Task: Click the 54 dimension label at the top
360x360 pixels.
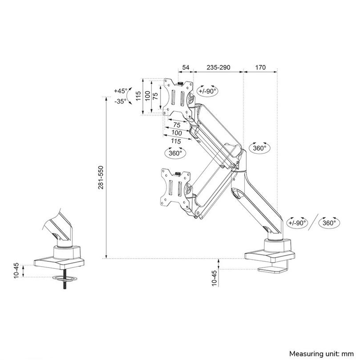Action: (x=186, y=68)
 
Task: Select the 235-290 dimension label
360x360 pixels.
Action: (x=218, y=68)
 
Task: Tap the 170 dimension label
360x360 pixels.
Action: (x=260, y=68)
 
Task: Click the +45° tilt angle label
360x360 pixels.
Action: (x=120, y=91)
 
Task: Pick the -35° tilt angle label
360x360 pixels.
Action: (x=120, y=101)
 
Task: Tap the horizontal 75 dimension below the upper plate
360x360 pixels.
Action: (x=177, y=125)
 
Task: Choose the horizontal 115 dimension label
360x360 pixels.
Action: (x=175, y=141)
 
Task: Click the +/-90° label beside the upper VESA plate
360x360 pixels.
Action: (x=207, y=91)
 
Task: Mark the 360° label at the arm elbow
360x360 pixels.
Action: (x=259, y=148)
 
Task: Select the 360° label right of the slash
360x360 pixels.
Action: (x=329, y=222)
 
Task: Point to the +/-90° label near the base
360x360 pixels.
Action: (x=297, y=222)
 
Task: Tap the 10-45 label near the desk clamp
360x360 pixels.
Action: (x=214, y=278)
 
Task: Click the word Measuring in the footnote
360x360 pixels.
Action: (x=306, y=354)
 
